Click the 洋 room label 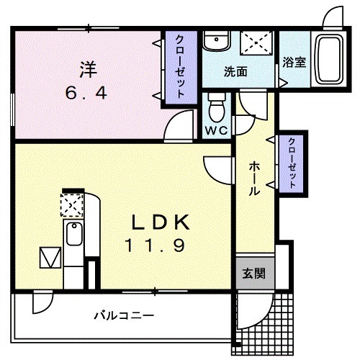(x=87, y=71)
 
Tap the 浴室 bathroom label (x=294, y=62)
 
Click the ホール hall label (x=254, y=178)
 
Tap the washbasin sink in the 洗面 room (x=214, y=44)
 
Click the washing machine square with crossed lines (x=255, y=43)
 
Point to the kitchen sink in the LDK (x=74, y=234)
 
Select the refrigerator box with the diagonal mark (x=50, y=256)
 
